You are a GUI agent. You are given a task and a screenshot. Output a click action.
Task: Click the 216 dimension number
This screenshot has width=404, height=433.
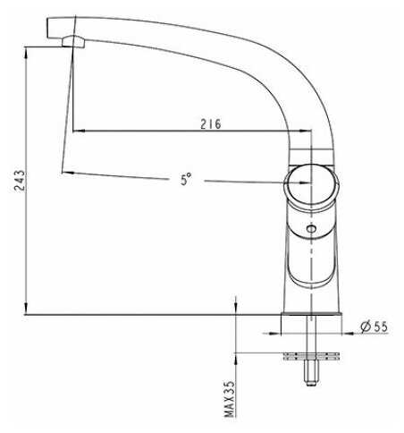[x=211, y=124]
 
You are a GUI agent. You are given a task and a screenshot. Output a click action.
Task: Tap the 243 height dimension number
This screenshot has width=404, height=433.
[x=20, y=181]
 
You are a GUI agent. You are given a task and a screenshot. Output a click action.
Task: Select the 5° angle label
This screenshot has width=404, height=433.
[x=186, y=179]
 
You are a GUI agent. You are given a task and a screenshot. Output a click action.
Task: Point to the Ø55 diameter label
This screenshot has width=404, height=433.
[x=374, y=327]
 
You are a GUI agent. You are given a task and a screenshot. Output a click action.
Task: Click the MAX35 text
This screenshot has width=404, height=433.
[x=230, y=399]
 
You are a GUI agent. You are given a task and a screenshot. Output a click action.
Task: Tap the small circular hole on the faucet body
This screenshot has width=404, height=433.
[x=311, y=229]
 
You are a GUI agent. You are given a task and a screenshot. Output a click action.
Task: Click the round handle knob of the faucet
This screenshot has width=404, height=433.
[x=312, y=185]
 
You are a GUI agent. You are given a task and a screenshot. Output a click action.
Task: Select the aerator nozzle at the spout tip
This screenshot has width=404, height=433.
[x=73, y=41]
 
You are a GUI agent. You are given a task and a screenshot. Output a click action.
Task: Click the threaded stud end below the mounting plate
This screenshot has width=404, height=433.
[x=311, y=373]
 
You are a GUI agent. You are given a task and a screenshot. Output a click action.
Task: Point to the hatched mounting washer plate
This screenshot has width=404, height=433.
[x=312, y=356]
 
